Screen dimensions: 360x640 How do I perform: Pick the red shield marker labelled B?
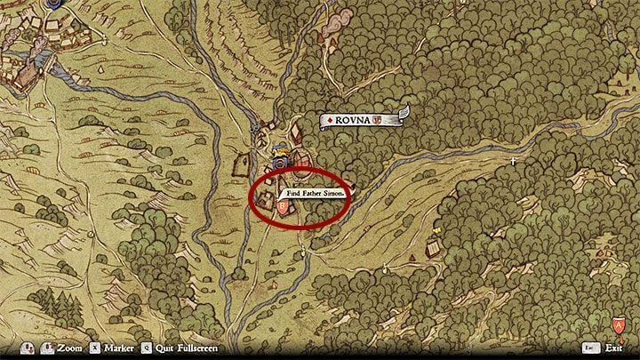(x=283, y=208)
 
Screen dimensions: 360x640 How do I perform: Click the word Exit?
(x=615, y=348)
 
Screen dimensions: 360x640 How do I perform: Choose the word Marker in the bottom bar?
(x=119, y=348)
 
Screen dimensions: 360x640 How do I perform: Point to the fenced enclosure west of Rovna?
(x=241, y=164)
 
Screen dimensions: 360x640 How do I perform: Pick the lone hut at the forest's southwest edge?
(x=435, y=245)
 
